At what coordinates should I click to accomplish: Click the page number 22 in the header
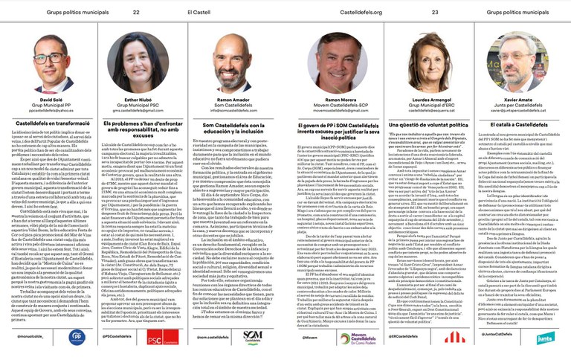pyautogui.click(x=136, y=13)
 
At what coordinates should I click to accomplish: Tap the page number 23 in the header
pyautogui.click(x=435, y=13)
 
